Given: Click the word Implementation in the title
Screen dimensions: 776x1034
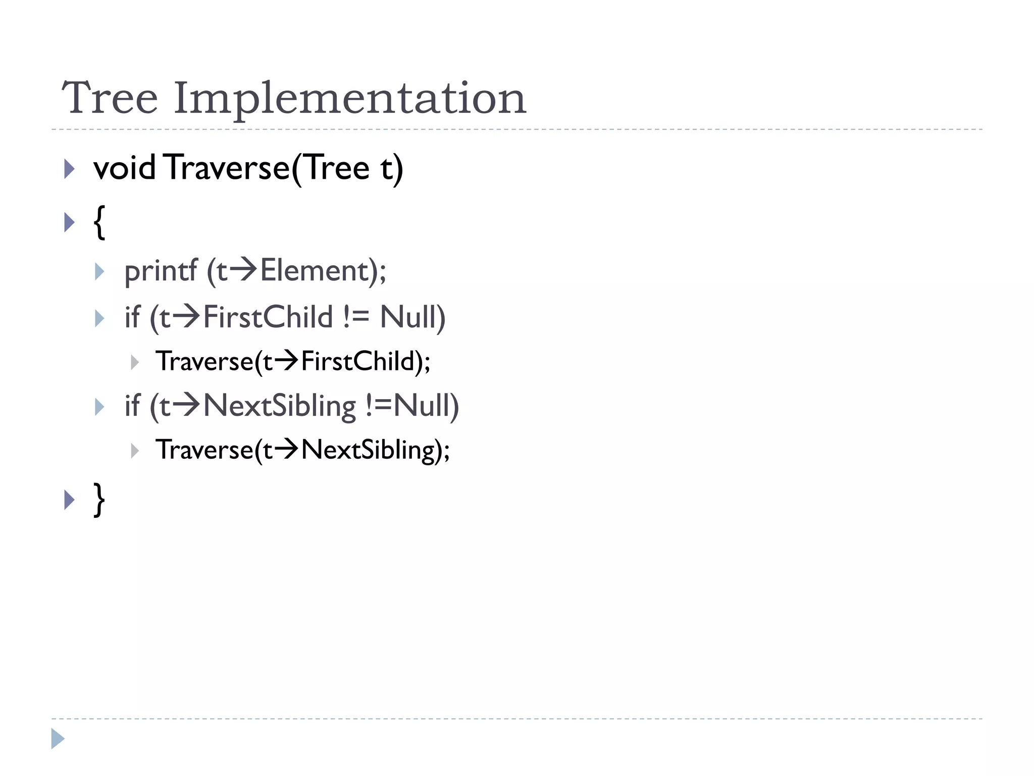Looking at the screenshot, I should [350, 99].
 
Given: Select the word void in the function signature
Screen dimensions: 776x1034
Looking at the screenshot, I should [124, 168].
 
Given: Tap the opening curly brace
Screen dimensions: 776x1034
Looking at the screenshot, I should [99, 222].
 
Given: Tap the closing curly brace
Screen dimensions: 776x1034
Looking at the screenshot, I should [99, 500].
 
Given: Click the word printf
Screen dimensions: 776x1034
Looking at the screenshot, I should [161, 271].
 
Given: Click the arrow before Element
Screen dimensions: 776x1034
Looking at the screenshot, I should [243, 269].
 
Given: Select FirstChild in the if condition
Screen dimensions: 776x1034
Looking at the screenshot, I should [268, 317].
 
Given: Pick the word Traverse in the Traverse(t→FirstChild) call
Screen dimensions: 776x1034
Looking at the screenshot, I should [204, 361].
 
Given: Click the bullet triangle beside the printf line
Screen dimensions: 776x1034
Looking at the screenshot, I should [99, 272].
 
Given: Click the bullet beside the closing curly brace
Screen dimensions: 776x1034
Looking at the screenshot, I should [69, 500].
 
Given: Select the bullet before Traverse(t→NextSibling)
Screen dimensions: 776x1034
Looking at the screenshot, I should [134, 451].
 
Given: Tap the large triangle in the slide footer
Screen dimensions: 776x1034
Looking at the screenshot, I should [58, 739].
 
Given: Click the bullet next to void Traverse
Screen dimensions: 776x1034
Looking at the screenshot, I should [69, 169].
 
